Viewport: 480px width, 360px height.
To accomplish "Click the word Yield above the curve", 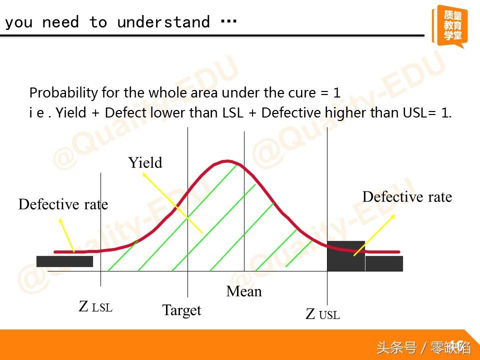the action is (x=145, y=162).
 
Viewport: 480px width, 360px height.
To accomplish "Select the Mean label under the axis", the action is (x=244, y=291).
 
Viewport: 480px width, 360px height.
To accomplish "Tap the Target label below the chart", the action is (x=181, y=310).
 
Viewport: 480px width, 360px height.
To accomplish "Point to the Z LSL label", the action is (x=95, y=306).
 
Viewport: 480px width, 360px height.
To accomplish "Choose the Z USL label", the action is (x=322, y=314).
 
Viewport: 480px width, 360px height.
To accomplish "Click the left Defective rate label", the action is (x=63, y=204).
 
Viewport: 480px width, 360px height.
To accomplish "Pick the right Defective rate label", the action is (x=407, y=196).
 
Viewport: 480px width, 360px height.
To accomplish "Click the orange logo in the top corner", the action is (x=449, y=26).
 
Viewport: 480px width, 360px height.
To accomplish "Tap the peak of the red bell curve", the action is (x=227, y=160).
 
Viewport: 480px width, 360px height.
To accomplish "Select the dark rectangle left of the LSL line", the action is (x=64, y=261).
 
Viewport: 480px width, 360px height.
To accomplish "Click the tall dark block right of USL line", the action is (x=346, y=256).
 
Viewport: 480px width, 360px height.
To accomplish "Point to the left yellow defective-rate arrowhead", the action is (x=60, y=220).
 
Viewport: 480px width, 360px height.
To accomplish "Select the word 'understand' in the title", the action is (x=163, y=22).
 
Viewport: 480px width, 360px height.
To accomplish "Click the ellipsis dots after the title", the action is (x=228, y=21).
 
